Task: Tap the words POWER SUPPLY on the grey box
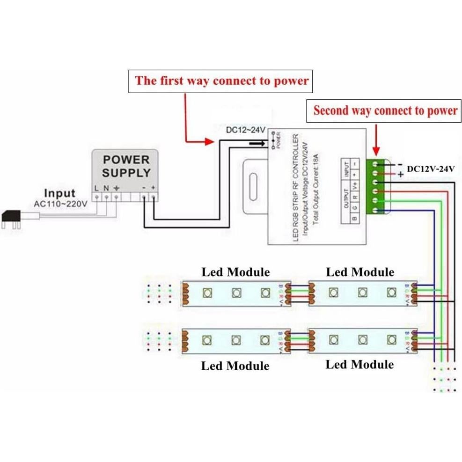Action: pyautogui.click(x=126, y=166)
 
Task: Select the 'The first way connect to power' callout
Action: pyautogui.click(x=222, y=81)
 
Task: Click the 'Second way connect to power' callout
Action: pyautogui.click(x=385, y=111)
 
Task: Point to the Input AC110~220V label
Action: pyautogui.click(x=59, y=198)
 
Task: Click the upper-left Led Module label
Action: pyautogui.click(x=235, y=272)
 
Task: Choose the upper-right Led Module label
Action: pyautogui.click(x=360, y=272)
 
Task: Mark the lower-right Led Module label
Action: pyautogui.click(x=359, y=364)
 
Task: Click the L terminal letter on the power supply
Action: pyautogui.click(x=96, y=188)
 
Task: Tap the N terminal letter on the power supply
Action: pyautogui.click(x=106, y=188)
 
